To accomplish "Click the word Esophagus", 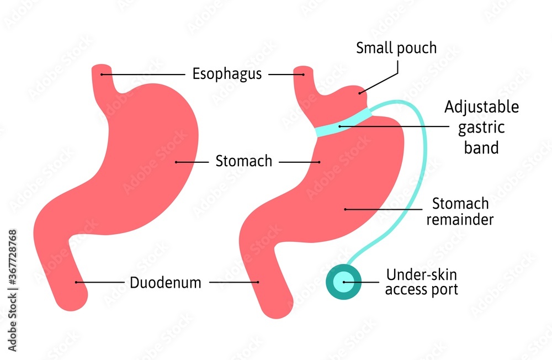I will (227, 74).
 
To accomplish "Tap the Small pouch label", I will (396, 48).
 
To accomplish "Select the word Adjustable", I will (482, 107).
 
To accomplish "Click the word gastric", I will (482, 128).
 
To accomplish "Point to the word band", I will (482, 148).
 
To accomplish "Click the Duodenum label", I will (166, 283).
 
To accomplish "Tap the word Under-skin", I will (421, 274).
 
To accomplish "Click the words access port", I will (421, 289).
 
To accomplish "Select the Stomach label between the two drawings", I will (244, 162).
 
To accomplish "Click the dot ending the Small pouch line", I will (359, 93).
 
